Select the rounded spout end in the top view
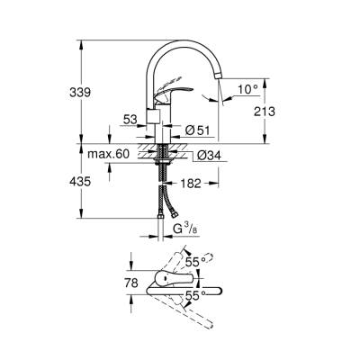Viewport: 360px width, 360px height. (216, 292)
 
